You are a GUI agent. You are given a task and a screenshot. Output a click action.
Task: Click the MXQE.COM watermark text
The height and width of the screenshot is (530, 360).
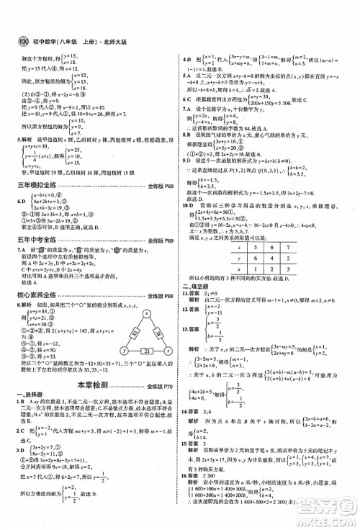tap(318, 519)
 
